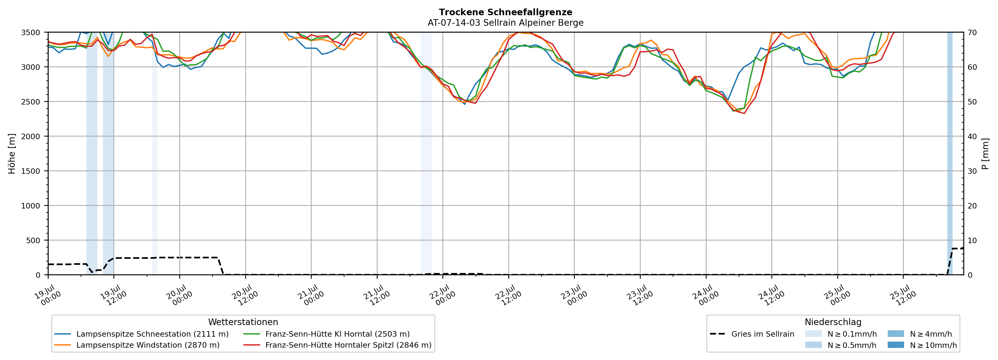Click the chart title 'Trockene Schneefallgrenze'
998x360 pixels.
click(x=506, y=12)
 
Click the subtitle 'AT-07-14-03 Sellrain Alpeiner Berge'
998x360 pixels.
click(x=506, y=23)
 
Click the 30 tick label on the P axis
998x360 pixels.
click(x=972, y=171)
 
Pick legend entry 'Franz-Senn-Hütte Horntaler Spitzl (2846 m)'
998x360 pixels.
click(x=337, y=345)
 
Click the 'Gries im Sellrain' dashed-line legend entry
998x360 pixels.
click(x=752, y=334)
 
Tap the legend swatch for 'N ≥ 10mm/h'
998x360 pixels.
click(x=895, y=345)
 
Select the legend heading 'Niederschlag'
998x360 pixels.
click(x=833, y=322)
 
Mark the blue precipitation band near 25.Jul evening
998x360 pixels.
click(x=950, y=153)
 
